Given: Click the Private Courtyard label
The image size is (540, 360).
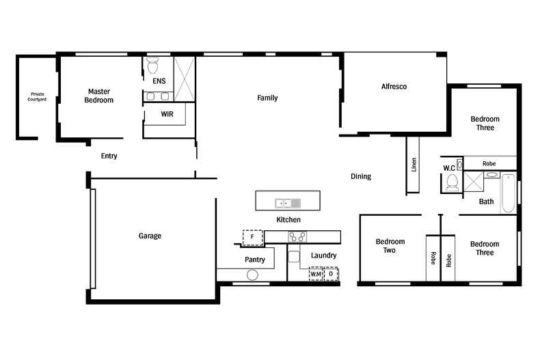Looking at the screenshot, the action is tap(37, 97).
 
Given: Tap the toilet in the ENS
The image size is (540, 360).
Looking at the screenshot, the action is tap(152, 66).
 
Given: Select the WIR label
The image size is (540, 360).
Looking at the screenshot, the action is tap(167, 114).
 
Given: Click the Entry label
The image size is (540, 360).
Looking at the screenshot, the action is tap(109, 156).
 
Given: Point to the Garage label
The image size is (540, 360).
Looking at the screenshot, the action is tap(150, 236).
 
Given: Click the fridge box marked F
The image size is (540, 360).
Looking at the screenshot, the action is tap(252, 238).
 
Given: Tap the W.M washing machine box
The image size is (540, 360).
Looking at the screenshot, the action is tap(316, 274).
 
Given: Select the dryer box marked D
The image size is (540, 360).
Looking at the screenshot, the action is tap(331, 274).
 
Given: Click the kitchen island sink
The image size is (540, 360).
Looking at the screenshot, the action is tap(288, 204).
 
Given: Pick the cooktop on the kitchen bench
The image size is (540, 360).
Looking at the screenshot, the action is tap(297, 237).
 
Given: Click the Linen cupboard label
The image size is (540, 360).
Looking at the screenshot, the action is tap(414, 165).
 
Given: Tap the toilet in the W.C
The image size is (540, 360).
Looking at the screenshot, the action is tap(452, 183).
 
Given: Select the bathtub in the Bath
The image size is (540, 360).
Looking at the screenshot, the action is tap(508, 193).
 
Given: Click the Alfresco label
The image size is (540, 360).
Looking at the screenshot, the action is tap(394, 86).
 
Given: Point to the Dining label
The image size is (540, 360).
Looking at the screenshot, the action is tap(361, 176).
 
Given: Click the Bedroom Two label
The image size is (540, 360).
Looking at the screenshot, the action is tap(390, 246).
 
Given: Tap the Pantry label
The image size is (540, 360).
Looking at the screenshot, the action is tap(255, 260).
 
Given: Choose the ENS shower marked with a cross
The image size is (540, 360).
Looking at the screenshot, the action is tap(185, 79).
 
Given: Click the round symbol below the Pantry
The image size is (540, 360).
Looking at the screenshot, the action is tap(252, 275).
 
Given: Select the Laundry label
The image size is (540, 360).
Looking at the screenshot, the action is tap(324, 255).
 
